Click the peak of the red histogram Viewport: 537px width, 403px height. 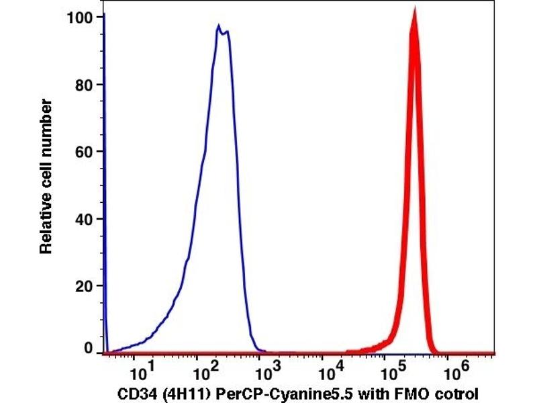[414, 11]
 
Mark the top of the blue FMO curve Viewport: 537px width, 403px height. [219, 27]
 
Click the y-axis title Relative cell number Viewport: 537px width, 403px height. [46, 176]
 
